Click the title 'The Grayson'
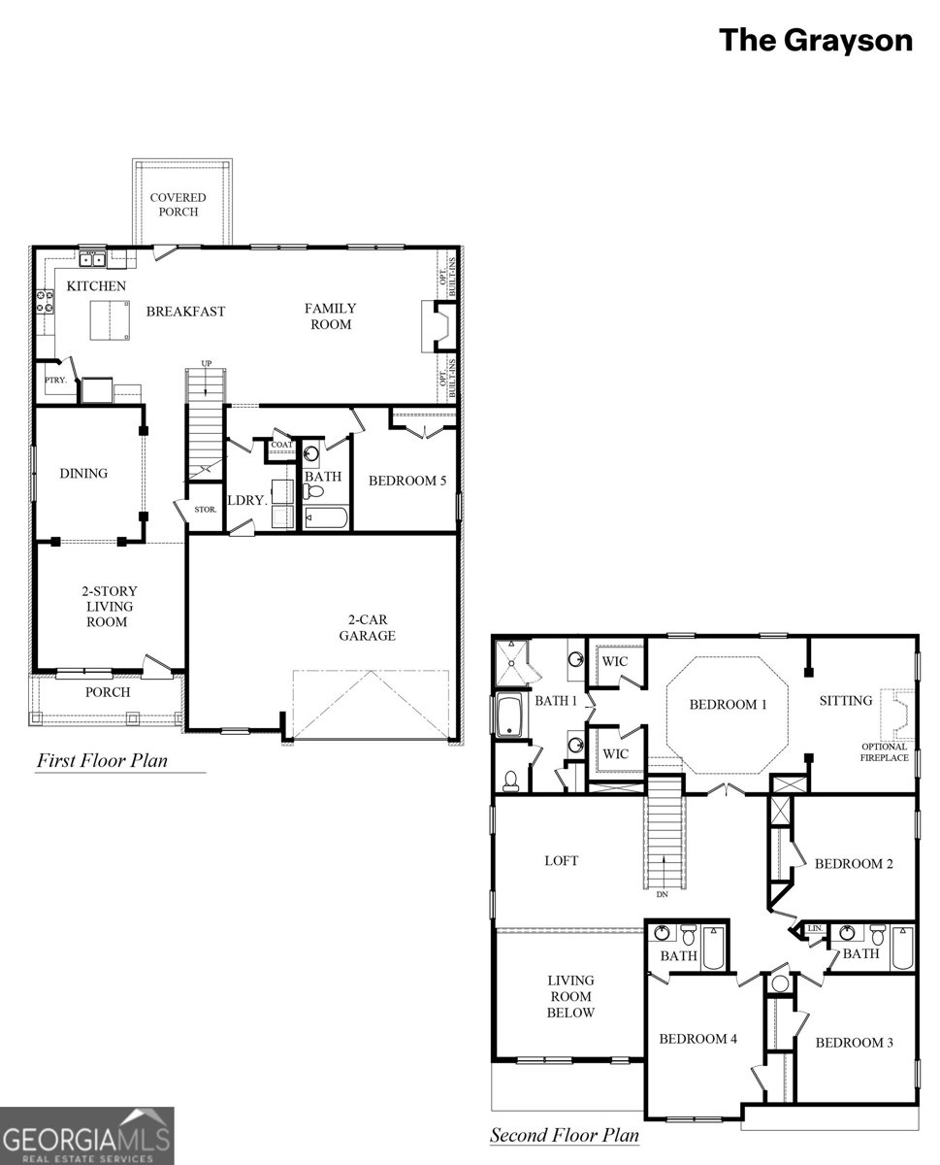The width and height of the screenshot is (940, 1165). [815, 41]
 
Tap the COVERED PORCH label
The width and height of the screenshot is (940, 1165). [178, 205]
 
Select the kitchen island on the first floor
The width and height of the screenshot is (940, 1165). [112, 320]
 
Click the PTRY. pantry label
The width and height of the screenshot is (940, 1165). [55, 381]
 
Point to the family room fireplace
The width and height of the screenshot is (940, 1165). [438, 325]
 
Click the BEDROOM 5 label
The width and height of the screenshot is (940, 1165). [407, 480]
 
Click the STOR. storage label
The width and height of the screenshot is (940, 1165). [205, 509]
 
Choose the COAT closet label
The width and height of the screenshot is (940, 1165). [281, 445]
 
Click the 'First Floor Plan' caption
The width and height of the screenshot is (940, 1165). [102, 760]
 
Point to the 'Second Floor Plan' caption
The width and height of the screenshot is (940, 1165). [565, 1135]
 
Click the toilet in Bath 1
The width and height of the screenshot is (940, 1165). [510, 780]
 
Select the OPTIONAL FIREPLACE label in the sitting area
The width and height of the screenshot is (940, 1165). [884, 751]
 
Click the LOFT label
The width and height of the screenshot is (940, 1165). [561, 860]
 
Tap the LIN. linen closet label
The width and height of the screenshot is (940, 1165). [815, 929]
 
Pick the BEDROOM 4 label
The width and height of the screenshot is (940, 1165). [697, 1039]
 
